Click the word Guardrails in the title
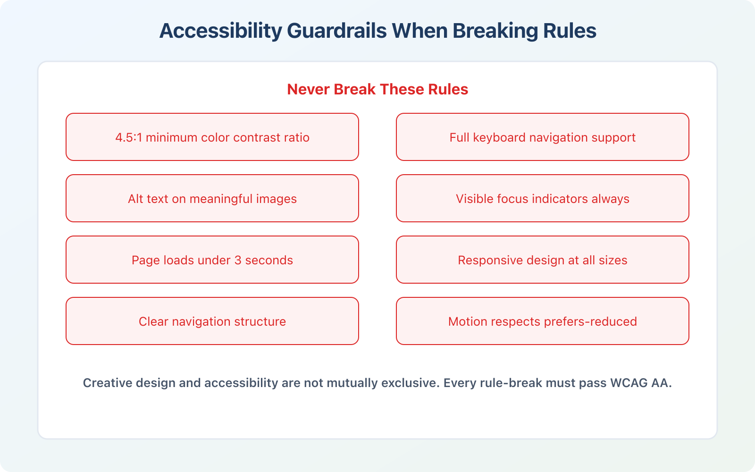pos(337,31)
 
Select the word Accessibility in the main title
pos(220,31)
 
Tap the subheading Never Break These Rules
pos(377,89)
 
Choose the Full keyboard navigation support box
pos(542,137)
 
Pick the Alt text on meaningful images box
pos(212,199)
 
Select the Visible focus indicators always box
pos(542,199)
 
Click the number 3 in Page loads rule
pos(238,260)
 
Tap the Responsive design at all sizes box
pos(542,260)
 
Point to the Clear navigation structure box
pos(212,321)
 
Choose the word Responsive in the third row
pos(484,260)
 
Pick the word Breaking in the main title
pos(495,31)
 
